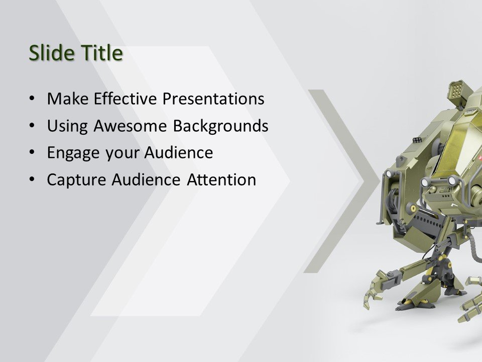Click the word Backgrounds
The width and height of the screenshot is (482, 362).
pos(220,126)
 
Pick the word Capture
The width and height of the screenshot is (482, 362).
pos(77,179)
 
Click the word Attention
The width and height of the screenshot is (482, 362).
pos(221,179)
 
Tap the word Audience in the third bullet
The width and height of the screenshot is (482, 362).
pos(179,153)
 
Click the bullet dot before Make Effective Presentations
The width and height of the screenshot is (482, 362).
pos(32,99)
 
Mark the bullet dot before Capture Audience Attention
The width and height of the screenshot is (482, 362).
pos(32,179)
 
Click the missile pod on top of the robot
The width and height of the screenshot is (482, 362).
pos(457,93)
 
